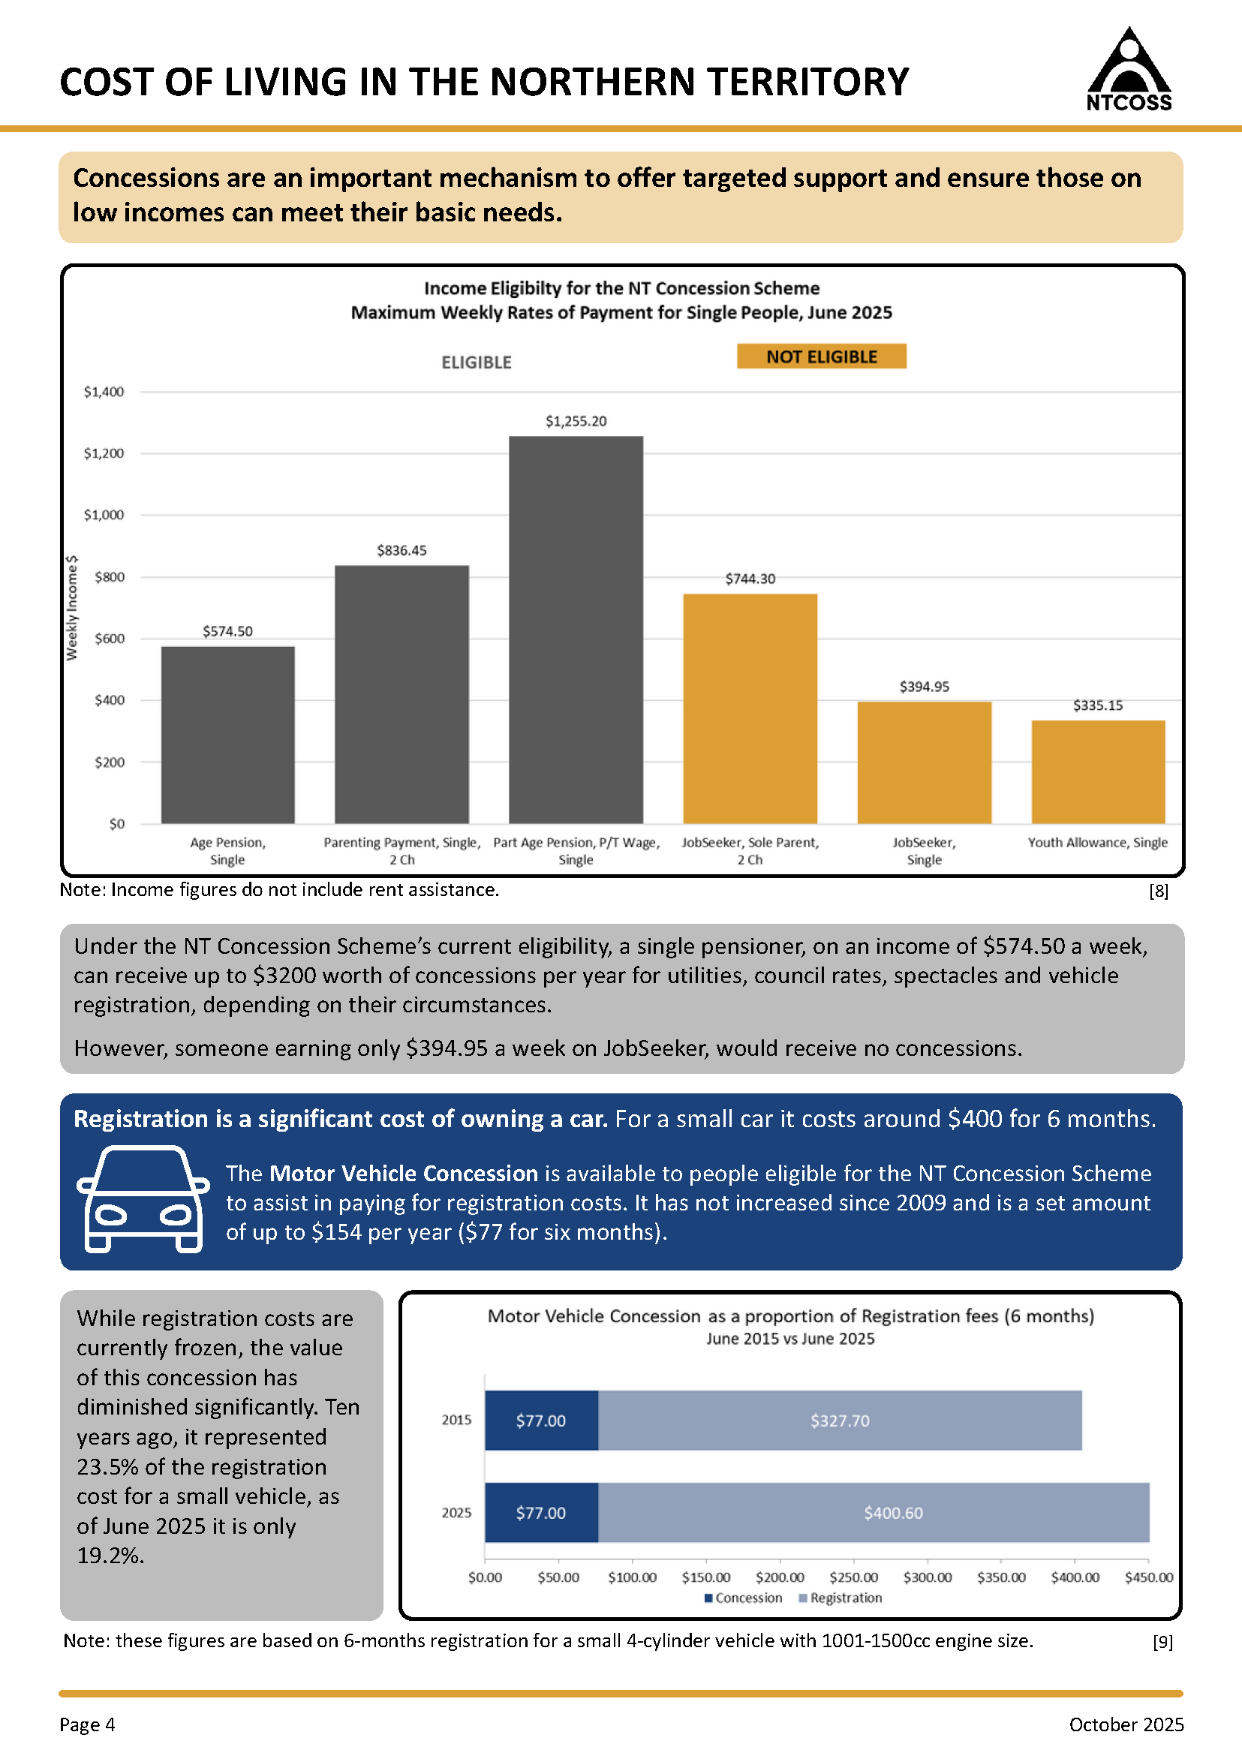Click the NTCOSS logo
tap(1129, 70)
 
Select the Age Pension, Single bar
tap(228, 735)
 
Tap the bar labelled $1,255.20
tap(576, 630)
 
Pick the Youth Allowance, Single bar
tap(1098, 771)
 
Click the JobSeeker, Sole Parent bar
tap(750, 709)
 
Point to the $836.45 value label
tap(401, 551)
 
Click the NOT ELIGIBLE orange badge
tap(822, 356)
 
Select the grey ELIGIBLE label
tap(477, 362)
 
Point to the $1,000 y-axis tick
tap(104, 515)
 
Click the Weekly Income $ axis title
tap(72, 608)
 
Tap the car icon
tap(143, 1198)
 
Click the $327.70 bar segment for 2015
tap(840, 1421)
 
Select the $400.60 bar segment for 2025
tap(874, 1513)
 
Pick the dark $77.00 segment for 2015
tap(542, 1421)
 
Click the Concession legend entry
tap(744, 1598)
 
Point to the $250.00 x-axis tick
tap(853, 1577)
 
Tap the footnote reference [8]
tap(1159, 891)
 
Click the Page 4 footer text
tap(87, 1724)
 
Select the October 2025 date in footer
tap(1126, 1724)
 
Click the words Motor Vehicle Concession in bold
tap(404, 1173)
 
